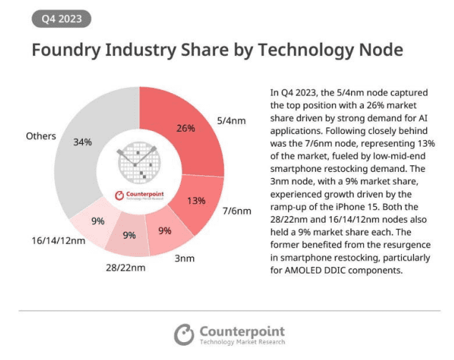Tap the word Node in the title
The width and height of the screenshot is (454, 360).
[377, 51]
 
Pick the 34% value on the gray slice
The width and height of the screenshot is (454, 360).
[82, 142]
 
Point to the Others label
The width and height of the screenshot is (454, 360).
[41, 135]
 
